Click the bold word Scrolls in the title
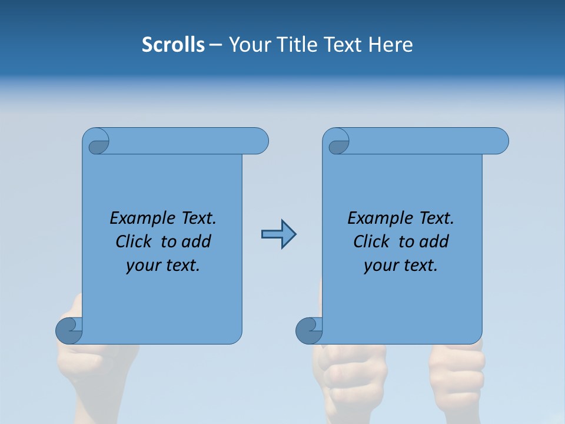[x=173, y=45]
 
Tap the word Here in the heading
[x=391, y=45]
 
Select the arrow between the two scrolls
[x=278, y=234]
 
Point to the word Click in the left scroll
[x=136, y=241]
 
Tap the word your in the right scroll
[x=381, y=266]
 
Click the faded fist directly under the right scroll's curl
[x=347, y=371]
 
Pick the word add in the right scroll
[x=434, y=241]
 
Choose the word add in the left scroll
[x=197, y=241]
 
